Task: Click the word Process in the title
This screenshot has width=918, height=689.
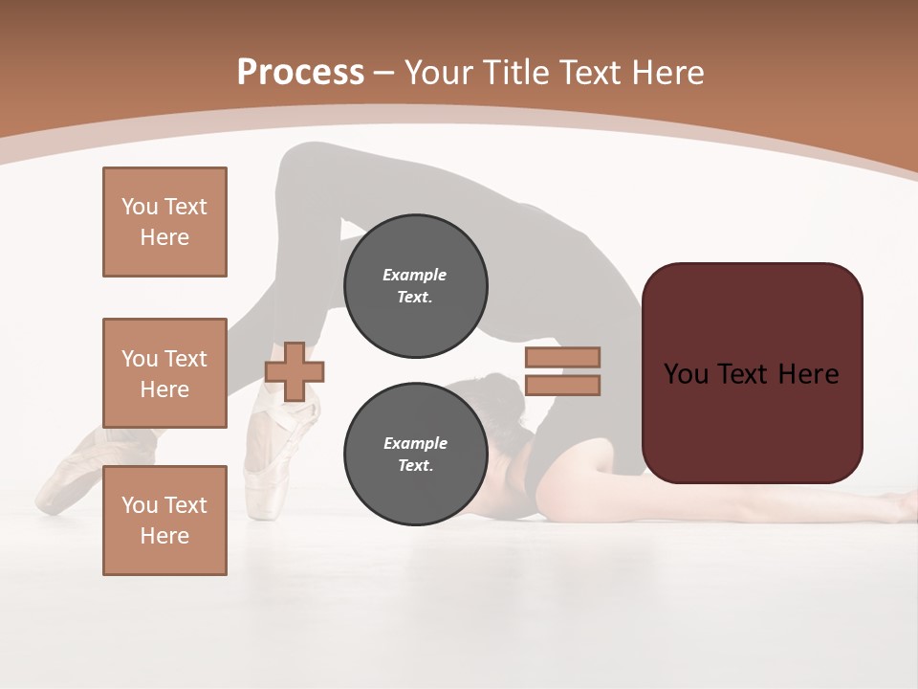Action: point(300,73)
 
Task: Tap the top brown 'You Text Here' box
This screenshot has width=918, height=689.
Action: point(164,222)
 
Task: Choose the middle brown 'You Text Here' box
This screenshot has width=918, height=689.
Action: point(164,373)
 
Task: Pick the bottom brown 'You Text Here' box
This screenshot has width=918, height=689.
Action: point(164,521)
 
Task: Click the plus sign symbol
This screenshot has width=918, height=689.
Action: point(295,371)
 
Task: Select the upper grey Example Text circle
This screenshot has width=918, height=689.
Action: point(415,285)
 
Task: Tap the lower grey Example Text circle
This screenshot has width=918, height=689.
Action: point(415,454)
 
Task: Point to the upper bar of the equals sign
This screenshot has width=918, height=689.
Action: point(562,357)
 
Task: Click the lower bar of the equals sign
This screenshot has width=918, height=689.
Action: point(562,386)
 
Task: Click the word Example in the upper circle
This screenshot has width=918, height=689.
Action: point(415,275)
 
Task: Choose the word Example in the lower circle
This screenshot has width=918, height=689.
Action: point(415,443)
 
